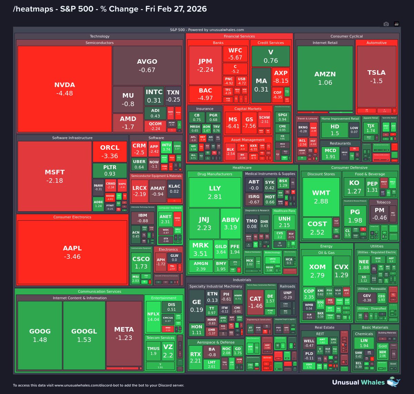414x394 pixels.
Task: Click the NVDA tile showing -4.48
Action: point(65,89)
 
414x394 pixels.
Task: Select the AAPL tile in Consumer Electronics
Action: point(72,252)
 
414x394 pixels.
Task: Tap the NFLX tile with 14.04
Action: point(153,316)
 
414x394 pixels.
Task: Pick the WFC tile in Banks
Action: point(235,54)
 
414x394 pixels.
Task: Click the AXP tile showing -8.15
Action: point(281,77)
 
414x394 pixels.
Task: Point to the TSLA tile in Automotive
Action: point(376,77)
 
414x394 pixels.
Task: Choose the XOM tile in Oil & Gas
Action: point(317,271)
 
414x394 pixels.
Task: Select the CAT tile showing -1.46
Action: point(255,302)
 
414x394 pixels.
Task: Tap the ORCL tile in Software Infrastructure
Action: point(109,151)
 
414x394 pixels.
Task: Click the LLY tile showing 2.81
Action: point(215,192)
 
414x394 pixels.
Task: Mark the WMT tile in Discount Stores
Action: point(321,197)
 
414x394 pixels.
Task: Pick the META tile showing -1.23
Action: point(124,333)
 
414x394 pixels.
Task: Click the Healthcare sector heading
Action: point(242,168)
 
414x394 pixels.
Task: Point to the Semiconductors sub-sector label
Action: point(99,43)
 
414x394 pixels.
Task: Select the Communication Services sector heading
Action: point(99,292)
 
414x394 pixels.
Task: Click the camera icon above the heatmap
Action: point(386,24)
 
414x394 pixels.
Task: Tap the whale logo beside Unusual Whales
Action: point(394,382)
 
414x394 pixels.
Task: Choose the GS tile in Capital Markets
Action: point(249,122)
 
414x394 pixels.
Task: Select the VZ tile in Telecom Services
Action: point(168,351)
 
